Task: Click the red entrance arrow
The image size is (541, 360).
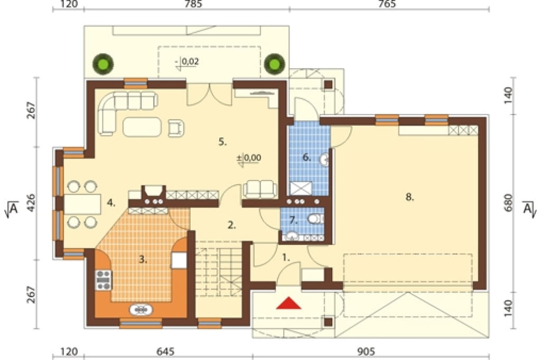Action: pyautogui.click(x=289, y=303)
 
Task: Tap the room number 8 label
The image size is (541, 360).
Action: pyautogui.click(x=409, y=197)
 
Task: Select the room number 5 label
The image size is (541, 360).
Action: pyautogui.click(x=222, y=141)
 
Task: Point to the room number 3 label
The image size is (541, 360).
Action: pyautogui.click(x=143, y=259)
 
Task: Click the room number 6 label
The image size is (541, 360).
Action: pyautogui.click(x=307, y=157)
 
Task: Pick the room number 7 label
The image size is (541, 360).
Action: pyautogui.click(x=293, y=220)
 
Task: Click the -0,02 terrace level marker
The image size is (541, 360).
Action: pyautogui.click(x=187, y=62)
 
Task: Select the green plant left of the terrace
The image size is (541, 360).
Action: pyautogui.click(x=103, y=64)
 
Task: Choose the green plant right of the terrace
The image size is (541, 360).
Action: pyautogui.click(x=275, y=64)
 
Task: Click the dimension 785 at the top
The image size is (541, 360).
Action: pyautogui.click(x=193, y=4)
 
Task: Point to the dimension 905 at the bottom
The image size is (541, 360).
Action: pyautogui.click(x=366, y=352)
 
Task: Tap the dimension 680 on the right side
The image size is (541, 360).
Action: pyautogui.click(x=509, y=203)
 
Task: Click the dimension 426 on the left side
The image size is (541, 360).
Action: pyautogui.click(x=31, y=203)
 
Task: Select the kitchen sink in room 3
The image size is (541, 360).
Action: pyautogui.click(x=141, y=310)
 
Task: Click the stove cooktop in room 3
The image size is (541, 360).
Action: pyautogui.click(x=104, y=280)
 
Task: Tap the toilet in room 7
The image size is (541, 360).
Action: pyautogui.click(x=315, y=219)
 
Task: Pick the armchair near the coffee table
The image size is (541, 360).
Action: pyautogui.click(x=176, y=128)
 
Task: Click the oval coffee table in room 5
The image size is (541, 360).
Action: pyautogui.click(x=142, y=127)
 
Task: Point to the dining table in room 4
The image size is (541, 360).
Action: pyautogui.click(x=82, y=204)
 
